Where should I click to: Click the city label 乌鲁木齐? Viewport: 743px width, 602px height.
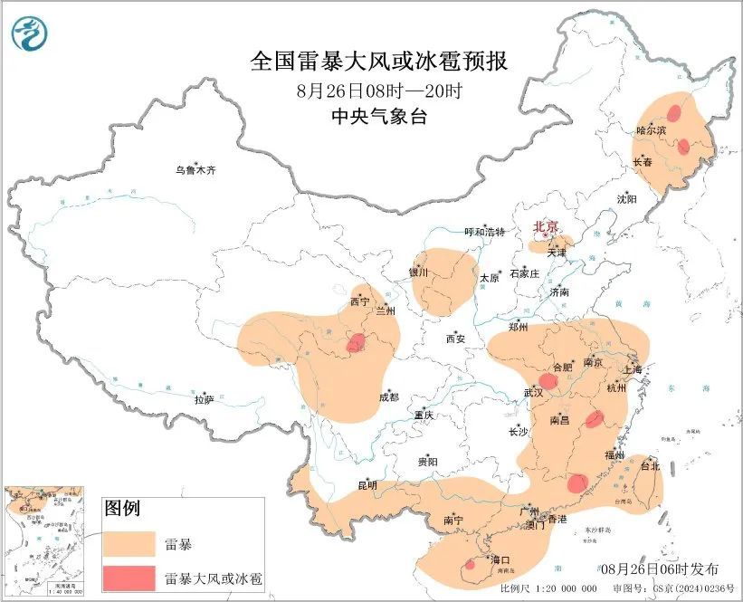(x=196, y=170)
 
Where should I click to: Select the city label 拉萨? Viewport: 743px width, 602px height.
(x=204, y=399)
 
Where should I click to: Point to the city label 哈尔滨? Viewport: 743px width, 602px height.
(x=651, y=130)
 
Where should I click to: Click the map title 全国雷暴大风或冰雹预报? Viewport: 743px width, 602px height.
(x=378, y=62)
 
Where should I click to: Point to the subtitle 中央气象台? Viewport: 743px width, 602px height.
(x=378, y=116)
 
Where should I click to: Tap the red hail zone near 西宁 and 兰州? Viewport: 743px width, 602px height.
(x=357, y=342)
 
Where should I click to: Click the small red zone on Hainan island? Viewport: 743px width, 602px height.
(x=470, y=565)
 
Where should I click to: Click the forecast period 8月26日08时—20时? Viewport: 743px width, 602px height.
(x=378, y=90)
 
